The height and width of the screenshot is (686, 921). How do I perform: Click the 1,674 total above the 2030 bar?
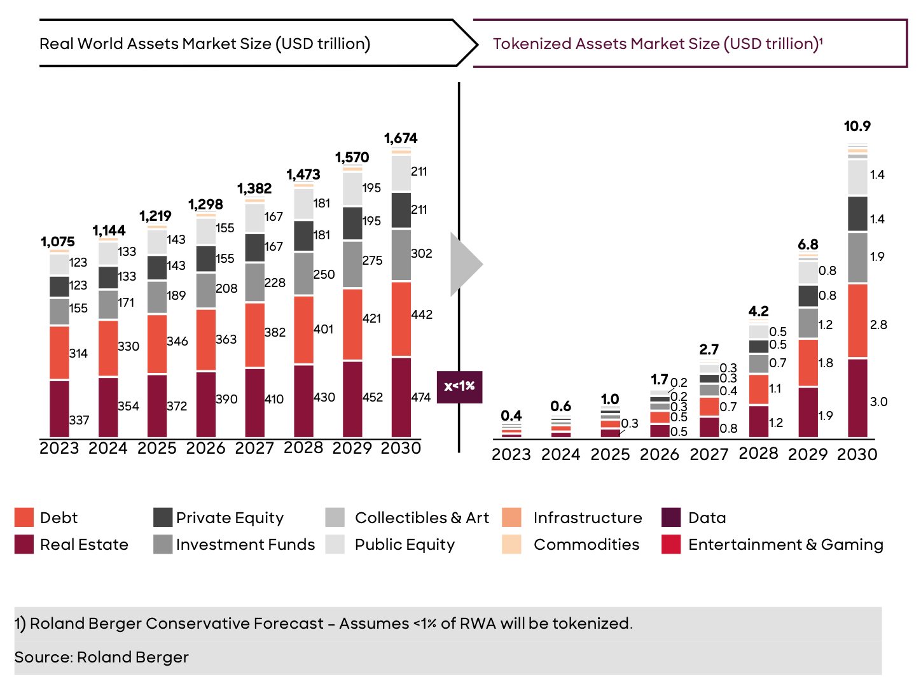tap(401, 138)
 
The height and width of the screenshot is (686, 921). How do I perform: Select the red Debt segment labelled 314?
tap(59, 353)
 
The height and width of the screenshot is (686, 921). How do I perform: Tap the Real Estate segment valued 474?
tap(401, 397)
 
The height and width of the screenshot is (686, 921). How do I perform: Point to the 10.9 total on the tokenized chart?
tap(857, 126)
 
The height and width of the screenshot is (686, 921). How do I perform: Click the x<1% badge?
tap(459, 386)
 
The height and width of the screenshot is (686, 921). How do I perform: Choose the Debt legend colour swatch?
tap(24, 517)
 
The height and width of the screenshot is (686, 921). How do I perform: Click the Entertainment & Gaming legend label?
tap(786, 545)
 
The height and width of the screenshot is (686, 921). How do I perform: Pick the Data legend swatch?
tap(671, 517)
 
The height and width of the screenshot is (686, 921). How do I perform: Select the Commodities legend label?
tap(586, 545)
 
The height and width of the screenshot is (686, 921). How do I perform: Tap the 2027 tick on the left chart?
tap(254, 449)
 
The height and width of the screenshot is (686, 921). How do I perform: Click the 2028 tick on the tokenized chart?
tap(758, 454)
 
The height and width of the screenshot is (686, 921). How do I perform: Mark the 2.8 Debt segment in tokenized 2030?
tap(857, 321)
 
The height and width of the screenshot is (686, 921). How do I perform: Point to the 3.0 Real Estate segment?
tap(857, 398)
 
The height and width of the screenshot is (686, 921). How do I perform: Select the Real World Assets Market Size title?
tap(205, 44)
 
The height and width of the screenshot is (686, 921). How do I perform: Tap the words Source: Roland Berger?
tap(102, 657)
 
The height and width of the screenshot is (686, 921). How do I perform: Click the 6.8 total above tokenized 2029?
tap(808, 245)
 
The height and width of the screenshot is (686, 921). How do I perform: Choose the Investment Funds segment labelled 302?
tap(401, 255)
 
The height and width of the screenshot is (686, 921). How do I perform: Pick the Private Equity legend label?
tap(230, 517)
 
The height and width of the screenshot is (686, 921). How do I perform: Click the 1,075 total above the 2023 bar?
tap(58, 242)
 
